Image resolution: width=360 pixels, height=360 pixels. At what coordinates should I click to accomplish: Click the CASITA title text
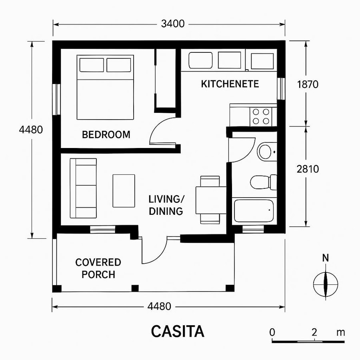178,332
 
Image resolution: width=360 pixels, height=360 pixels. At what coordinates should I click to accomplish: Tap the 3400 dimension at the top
173,24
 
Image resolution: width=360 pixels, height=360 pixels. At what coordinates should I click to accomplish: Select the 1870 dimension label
308,84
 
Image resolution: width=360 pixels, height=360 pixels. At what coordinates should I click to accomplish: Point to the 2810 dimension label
308,169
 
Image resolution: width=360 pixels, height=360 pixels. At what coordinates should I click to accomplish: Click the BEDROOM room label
106,135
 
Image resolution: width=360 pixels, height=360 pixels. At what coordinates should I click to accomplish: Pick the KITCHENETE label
230,84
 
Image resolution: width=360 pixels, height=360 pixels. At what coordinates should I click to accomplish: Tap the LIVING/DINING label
166,205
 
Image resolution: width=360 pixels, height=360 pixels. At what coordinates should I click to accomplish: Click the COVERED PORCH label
98,268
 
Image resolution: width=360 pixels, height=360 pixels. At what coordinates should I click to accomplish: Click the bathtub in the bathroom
254,210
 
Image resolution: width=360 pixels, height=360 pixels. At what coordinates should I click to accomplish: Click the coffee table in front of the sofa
124,190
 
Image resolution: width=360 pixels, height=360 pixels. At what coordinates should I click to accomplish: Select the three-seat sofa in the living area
83,188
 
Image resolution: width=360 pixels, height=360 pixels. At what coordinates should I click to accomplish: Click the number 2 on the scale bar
314,332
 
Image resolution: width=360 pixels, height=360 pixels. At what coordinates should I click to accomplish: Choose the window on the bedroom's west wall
56,99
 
